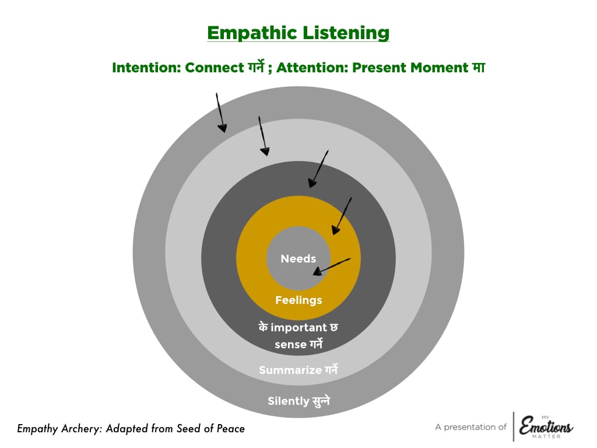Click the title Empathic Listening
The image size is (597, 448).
298,33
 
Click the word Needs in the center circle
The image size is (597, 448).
298,258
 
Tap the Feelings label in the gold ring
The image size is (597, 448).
298,300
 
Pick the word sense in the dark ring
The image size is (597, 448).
290,344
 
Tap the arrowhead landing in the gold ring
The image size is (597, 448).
335,229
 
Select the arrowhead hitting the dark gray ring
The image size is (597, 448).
312,183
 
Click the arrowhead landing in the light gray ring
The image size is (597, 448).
265,152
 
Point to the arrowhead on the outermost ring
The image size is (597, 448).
222,128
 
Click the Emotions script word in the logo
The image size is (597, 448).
546,426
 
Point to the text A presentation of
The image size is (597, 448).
470,427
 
